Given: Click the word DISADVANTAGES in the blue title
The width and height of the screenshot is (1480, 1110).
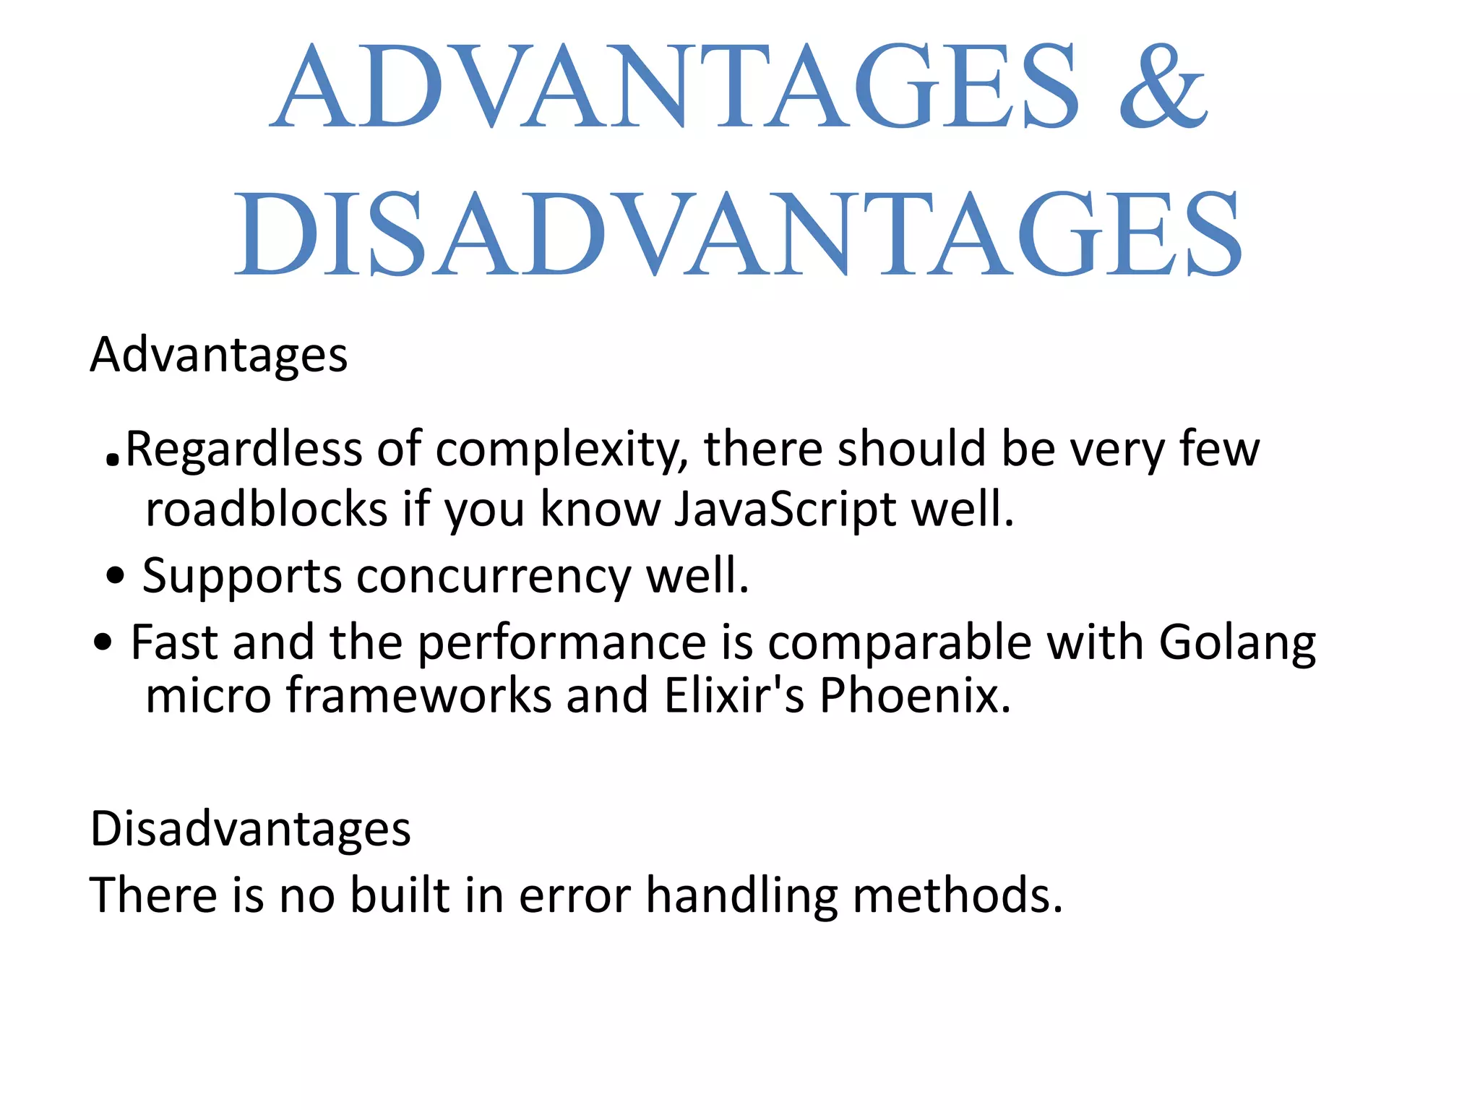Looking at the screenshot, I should (739, 233).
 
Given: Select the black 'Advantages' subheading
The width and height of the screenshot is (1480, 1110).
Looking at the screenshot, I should (218, 356).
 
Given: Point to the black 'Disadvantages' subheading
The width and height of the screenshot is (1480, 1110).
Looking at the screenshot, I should (250, 829).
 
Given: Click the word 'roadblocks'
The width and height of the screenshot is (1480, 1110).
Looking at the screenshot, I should (267, 509).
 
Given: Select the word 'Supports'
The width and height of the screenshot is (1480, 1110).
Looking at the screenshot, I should (241, 577).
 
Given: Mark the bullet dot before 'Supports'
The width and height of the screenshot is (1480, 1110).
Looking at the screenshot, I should (115, 577).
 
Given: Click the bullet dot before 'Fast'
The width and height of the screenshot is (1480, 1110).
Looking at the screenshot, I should (103, 641).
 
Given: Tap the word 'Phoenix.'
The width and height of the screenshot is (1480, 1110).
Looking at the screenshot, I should (915, 695).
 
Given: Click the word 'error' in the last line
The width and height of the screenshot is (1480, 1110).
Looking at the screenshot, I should (575, 895).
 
